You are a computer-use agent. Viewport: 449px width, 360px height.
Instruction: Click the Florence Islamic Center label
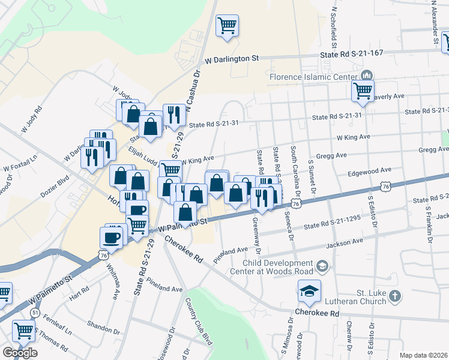313,77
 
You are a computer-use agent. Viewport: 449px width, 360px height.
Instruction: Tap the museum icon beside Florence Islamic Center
366,76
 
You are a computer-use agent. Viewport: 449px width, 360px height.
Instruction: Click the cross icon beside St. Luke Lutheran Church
394,296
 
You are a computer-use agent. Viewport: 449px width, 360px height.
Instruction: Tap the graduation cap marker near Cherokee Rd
309,291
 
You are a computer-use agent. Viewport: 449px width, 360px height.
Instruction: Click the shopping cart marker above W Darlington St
228,26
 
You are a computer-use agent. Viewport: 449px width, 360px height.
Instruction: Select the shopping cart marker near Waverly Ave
363,91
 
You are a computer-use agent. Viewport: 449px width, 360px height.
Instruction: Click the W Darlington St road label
231,59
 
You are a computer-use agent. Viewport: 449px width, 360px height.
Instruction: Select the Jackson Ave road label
345,242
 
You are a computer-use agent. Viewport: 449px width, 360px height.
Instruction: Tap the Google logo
19,352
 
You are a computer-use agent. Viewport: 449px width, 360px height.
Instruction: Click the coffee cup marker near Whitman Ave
113,236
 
